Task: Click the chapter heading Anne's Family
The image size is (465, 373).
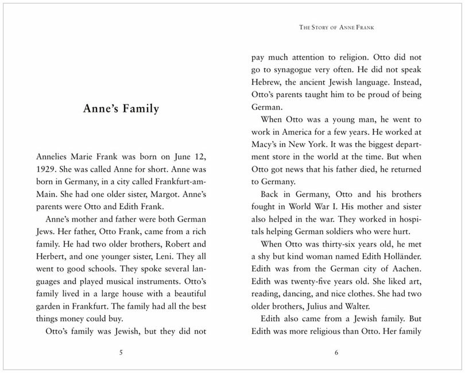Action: pyautogui.click(x=121, y=108)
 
